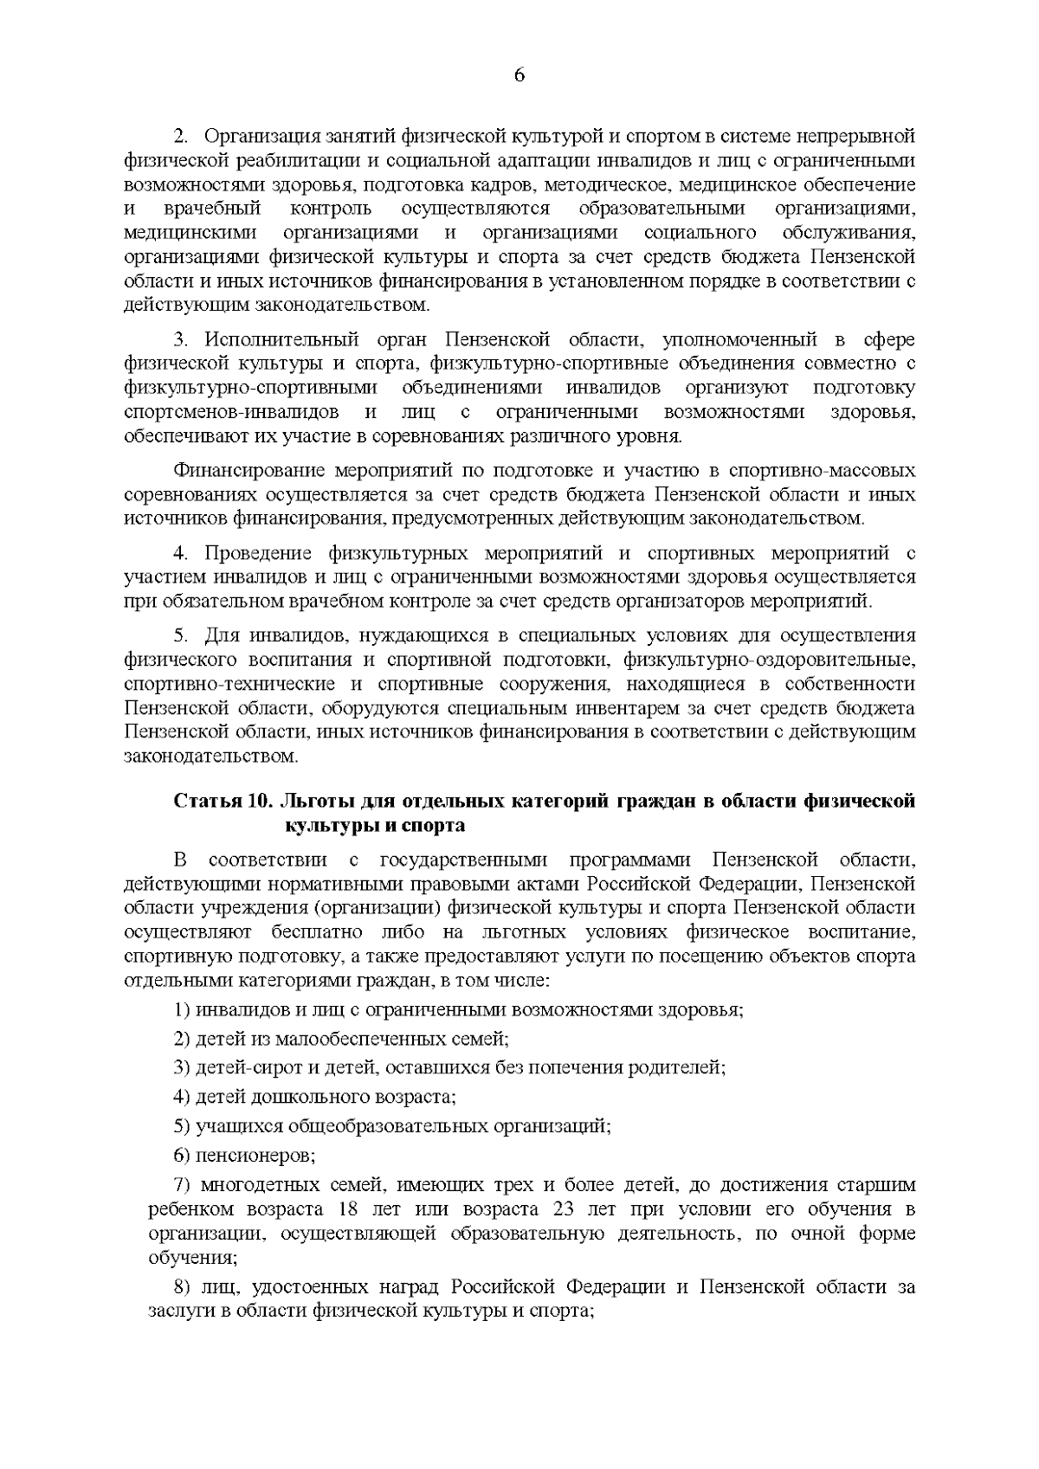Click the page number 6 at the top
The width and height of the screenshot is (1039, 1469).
tap(519, 74)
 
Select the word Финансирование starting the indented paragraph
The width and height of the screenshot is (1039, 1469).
tap(248, 472)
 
